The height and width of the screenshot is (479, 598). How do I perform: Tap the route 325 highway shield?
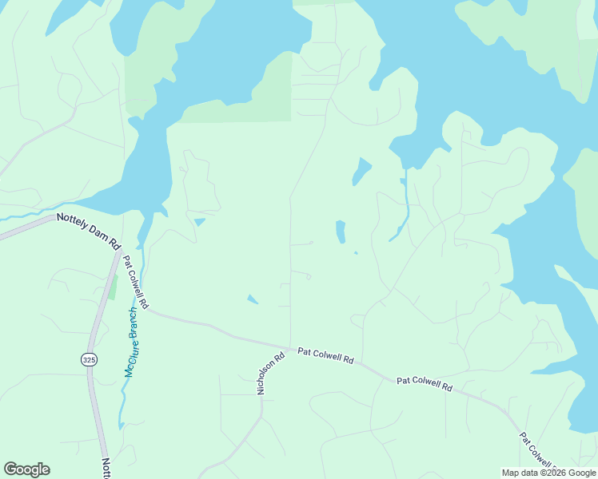[x=88, y=360]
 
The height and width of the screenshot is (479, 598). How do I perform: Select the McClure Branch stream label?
[x=133, y=342]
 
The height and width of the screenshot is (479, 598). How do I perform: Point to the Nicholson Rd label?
[x=269, y=374]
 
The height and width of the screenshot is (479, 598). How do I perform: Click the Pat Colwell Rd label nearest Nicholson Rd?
[x=325, y=355]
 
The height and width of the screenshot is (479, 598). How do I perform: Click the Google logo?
[x=26, y=469]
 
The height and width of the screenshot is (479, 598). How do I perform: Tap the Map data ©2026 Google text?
[x=548, y=473]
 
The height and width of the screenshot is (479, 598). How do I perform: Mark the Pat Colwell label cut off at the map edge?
[x=537, y=452]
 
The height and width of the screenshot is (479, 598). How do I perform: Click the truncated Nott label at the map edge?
[x=106, y=468]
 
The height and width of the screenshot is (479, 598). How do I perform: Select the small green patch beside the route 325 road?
[x=113, y=287]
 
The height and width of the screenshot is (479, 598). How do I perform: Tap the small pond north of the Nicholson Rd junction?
[x=253, y=299]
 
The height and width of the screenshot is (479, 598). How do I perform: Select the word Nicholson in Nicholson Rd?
[x=267, y=377]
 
